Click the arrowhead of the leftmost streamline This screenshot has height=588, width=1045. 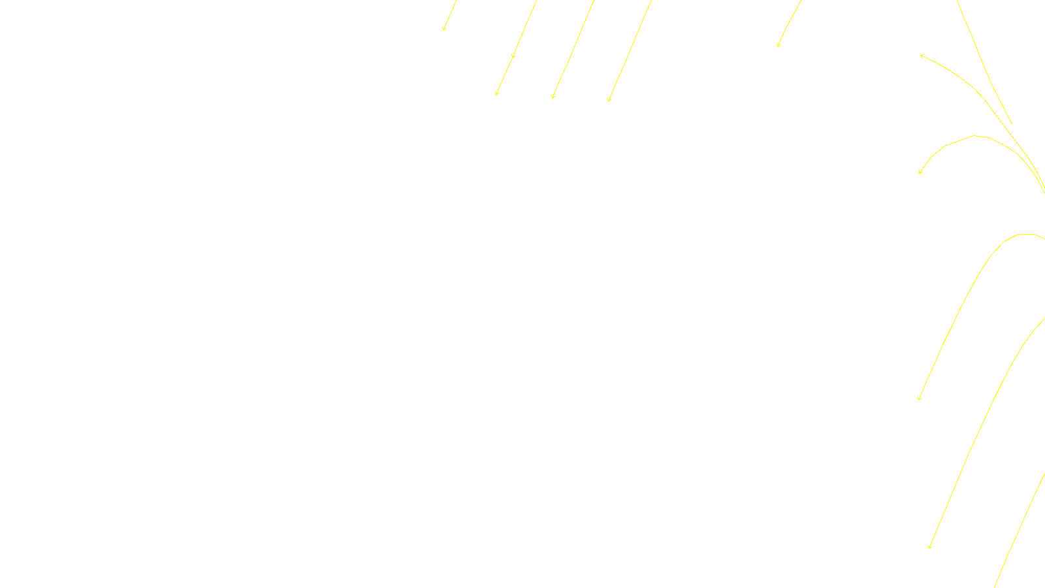[443, 29]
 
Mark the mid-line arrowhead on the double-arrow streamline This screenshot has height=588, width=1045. [513, 57]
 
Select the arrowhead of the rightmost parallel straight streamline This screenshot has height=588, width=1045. [609, 101]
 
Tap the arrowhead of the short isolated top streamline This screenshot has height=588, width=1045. [778, 46]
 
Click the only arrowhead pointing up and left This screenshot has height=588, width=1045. [922, 56]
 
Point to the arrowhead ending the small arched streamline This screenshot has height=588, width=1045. [920, 172]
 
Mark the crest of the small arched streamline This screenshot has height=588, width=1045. [974, 136]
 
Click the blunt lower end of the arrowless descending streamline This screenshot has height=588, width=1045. [1012, 123]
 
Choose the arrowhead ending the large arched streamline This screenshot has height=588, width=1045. [919, 399]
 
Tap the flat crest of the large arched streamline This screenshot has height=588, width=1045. [1027, 234]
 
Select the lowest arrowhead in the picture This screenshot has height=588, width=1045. [929, 547]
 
